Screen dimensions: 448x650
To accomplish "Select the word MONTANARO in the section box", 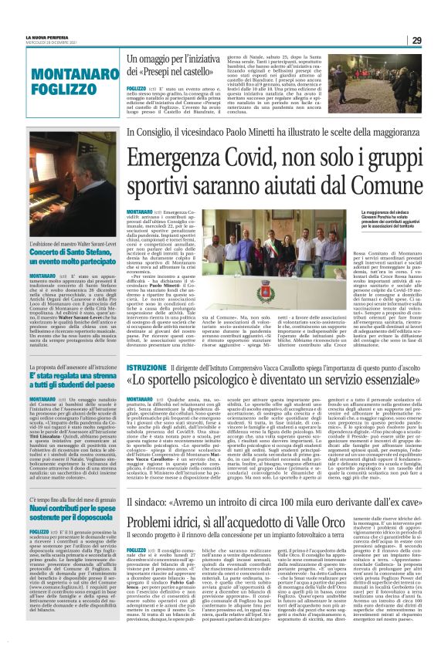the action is click(73, 75).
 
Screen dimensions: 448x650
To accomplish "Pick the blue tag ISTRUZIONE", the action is click(146, 347).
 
